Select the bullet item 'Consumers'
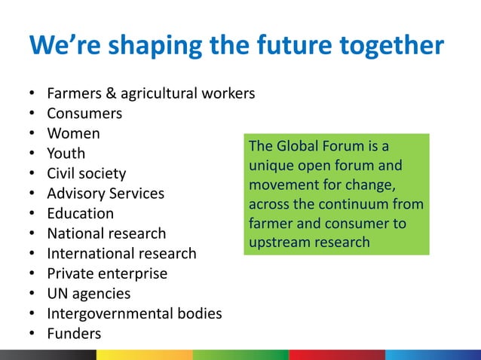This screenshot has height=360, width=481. [84, 114]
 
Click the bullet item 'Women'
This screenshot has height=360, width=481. [73, 134]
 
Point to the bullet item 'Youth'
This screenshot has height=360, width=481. [66, 154]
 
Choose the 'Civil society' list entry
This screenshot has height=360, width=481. [87, 174]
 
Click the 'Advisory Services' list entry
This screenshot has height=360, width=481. [106, 194]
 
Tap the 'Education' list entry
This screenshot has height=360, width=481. [81, 214]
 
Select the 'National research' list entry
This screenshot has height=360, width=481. [106, 233]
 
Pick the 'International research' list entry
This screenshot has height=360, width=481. [121, 254]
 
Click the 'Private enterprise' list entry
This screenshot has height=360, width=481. [107, 273]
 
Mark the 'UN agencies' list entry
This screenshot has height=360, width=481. [89, 294]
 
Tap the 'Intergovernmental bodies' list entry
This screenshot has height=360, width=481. [134, 313]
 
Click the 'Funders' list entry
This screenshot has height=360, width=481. [74, 334]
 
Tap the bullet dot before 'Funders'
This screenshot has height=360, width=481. [32, 334]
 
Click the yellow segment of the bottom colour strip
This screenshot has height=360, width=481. [144, 355]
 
